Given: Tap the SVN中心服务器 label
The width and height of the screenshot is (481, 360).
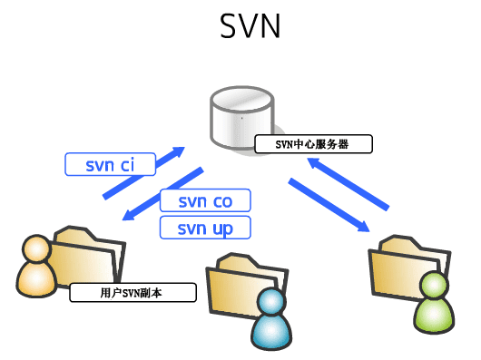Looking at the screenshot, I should [x=313, y=143].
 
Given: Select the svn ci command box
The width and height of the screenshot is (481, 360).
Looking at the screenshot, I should [x=110, y=164].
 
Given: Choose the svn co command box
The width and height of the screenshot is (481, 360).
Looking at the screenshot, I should [x=204, y=200].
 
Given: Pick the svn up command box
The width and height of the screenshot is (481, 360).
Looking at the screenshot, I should [x=204, y=227].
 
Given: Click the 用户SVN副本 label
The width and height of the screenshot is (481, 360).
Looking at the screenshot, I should [x=133, y=292].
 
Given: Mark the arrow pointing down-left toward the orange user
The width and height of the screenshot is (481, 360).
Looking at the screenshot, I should [x=163, y=193].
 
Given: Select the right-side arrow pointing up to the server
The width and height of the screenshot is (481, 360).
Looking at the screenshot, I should [x=349, y=180].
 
